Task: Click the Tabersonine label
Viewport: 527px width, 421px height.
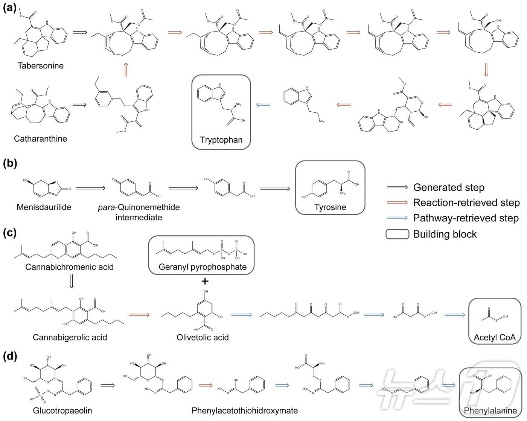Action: point(40,66)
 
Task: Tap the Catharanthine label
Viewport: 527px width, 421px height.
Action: point(40,139)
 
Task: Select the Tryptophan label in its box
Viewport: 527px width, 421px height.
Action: point(221,140)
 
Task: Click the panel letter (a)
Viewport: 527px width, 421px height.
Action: point(9,7)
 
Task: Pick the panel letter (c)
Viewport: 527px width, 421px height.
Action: point(9,233)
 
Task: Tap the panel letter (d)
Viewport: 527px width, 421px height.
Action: point(10,356)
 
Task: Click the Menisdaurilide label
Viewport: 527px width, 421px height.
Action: point(44,207)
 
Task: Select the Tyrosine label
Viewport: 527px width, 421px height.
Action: point(330,207)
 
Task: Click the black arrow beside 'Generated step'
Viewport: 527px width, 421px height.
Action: point(398,187)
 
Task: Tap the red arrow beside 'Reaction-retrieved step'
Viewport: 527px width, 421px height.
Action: point(398,203)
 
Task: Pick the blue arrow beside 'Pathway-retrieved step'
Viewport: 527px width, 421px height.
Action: point(398,218)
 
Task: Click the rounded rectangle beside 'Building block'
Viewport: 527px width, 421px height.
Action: point(398,234)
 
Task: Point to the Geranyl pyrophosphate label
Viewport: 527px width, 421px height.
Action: point(203,267)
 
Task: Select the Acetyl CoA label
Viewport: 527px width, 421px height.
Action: point(494,338)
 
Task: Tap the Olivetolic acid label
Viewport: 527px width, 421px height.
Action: point(203,337)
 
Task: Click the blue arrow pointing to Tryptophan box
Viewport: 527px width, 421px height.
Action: point(263,105)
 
